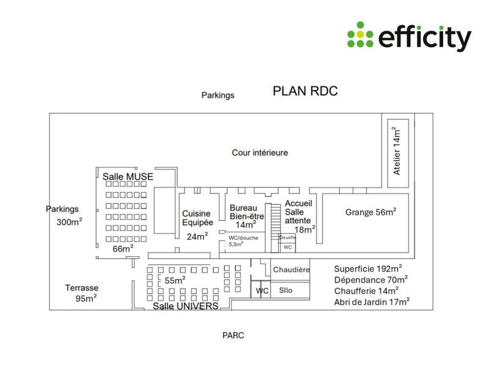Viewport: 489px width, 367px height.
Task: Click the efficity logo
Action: point(409,37)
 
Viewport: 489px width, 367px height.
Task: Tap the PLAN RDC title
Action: point(305,92)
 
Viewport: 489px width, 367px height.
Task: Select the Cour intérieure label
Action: point(260,152)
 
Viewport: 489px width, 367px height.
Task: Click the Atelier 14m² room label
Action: point(396,152)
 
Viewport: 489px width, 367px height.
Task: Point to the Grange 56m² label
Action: point(370,212)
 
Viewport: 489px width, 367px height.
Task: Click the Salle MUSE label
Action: point(127,176)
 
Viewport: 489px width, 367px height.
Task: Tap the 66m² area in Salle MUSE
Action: point(123,248)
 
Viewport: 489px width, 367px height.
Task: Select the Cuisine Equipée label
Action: point(197,218)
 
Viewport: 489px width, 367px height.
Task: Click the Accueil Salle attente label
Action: point(300,216)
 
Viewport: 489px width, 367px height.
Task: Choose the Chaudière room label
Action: point(292,269)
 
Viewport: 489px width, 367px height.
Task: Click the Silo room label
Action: point(285,290)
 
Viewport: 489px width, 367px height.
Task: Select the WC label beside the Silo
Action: point(262,291)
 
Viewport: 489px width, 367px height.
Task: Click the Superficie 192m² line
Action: point(367,269)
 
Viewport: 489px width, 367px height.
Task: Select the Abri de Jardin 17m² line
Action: point(372,302)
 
